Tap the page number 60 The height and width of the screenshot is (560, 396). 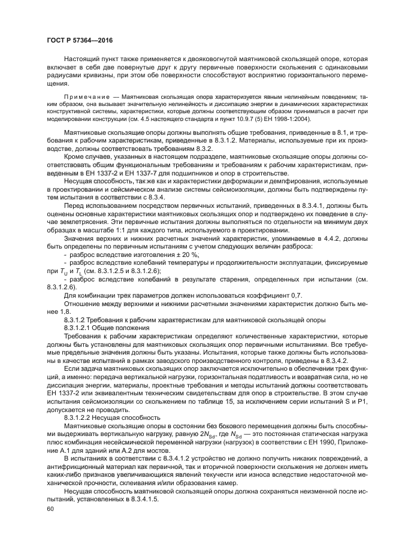pos(50,508)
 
